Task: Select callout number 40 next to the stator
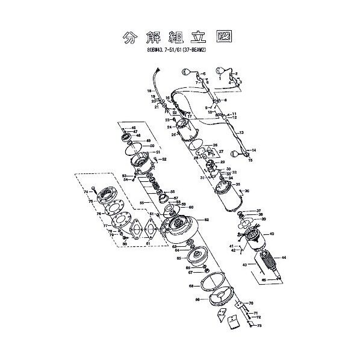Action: (x=272, y=234)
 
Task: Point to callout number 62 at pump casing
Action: (x=206, y=220)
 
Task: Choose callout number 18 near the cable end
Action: (x=148, y=91)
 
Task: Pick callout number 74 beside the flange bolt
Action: (x=86, y=191)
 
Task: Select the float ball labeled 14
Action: (x=246, y=155)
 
